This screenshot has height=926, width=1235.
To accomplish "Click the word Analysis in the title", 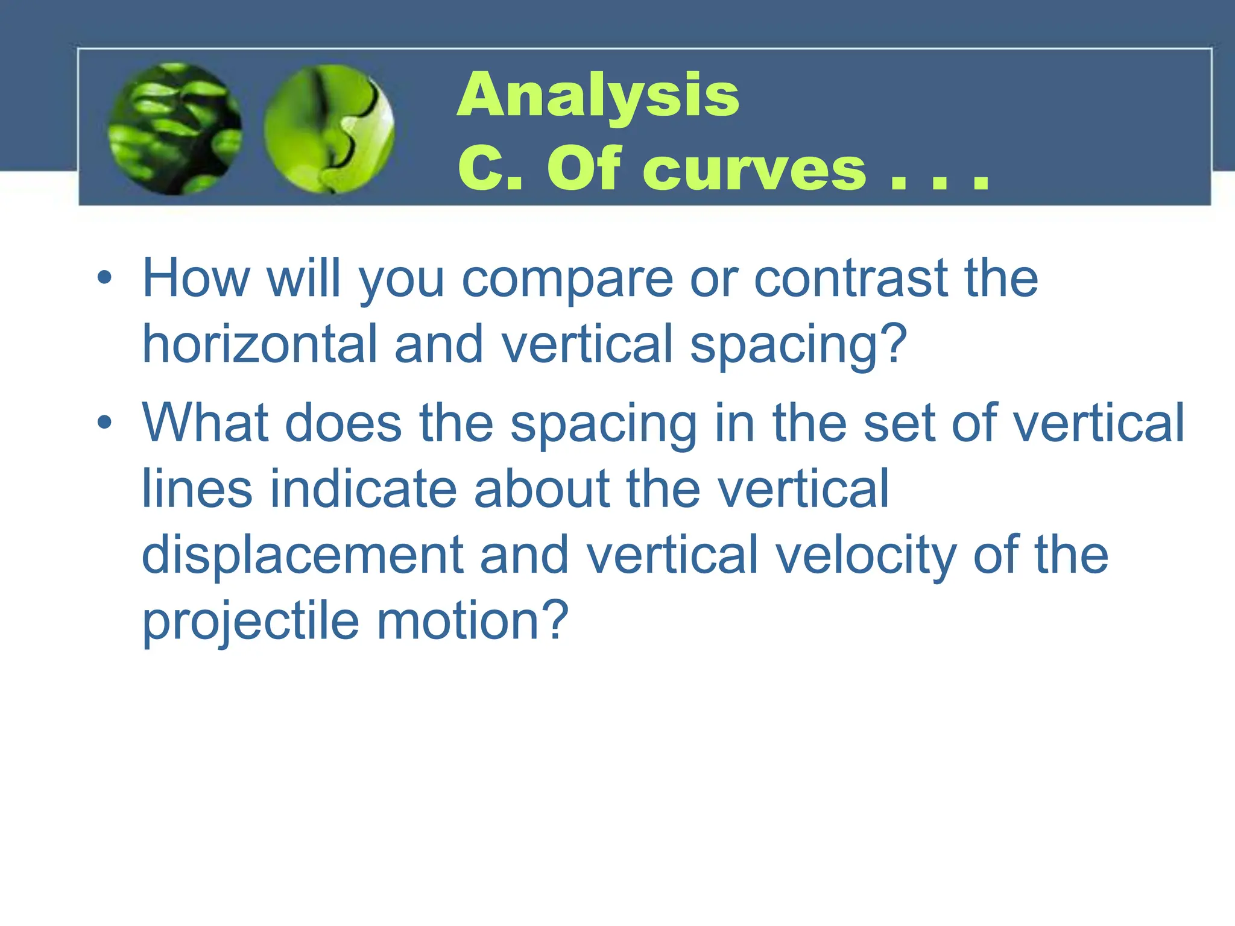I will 598,95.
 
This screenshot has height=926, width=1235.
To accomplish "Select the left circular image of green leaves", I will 175,128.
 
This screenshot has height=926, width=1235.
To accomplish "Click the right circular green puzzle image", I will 329,128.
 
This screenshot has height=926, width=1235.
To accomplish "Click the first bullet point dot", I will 104,278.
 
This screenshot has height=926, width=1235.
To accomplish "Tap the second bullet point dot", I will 104,422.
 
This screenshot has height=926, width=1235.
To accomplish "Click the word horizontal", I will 259,344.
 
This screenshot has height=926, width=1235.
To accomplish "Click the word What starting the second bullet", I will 204,423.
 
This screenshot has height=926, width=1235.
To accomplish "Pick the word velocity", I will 865,556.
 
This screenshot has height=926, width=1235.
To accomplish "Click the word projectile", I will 251,623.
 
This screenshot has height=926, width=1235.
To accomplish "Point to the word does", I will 343,423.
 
